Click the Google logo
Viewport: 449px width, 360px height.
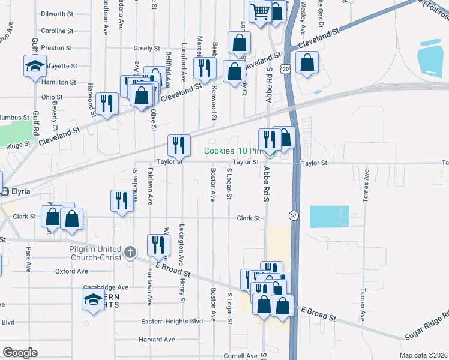coord(20,353)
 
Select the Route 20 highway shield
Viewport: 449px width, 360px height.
coord(286,70)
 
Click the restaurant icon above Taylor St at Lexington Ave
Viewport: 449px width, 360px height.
coord(179,145)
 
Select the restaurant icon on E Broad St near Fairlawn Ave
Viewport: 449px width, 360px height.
coord(158,245)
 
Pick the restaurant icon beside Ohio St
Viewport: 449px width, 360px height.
coord(107,103)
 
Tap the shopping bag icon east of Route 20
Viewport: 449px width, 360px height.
coord(307,62)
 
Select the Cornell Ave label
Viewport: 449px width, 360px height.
coord(240,356)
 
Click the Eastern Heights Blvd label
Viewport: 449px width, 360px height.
coord(172,322)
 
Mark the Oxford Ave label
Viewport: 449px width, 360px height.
coord(71,271)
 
